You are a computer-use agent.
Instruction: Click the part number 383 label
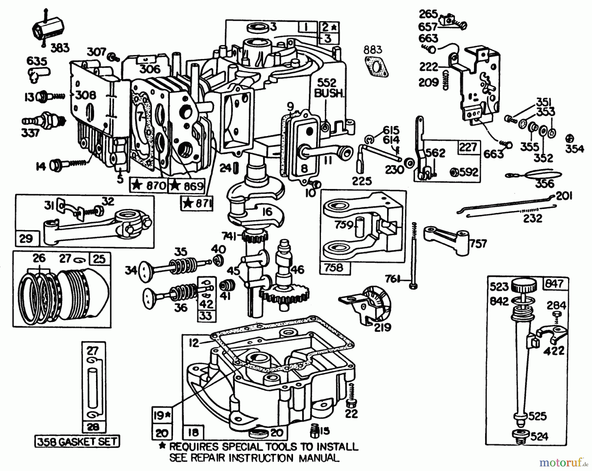click(60, 48)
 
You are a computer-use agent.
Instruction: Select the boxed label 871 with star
click(197, 204)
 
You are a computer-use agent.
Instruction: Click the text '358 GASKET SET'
click(77, 441)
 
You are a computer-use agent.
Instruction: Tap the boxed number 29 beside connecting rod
click(26, 239)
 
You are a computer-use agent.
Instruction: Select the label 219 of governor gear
click(383, 327)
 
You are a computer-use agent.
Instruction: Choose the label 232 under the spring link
click(532, 218)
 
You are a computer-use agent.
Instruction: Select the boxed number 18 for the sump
click(193, 432)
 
